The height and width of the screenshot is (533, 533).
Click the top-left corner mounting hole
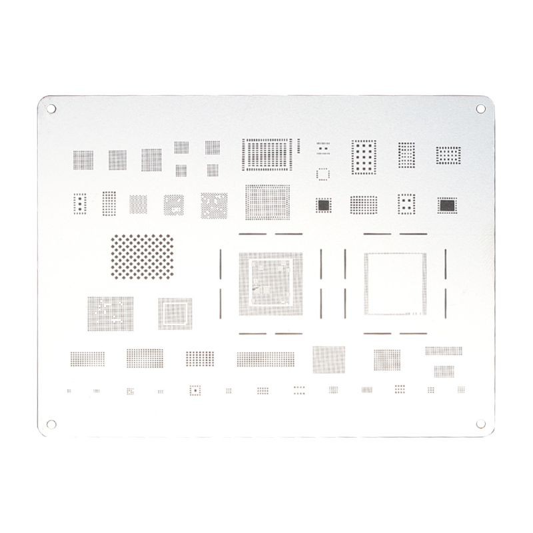click(50, 108)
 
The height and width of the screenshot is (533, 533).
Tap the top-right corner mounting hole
click(481, 108)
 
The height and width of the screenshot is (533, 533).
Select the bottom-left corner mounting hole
click(50, 422)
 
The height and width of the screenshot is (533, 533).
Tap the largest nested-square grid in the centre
click(270, 283)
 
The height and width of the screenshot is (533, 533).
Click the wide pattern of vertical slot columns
click(268, 154)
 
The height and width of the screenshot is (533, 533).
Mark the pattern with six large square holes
click(364, 157)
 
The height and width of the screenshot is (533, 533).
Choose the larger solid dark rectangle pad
click(448, 205)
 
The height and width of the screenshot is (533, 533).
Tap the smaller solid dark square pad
click(324, 205)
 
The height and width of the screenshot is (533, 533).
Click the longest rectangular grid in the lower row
click(265, 359)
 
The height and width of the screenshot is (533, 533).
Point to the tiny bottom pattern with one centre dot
click(195, 390)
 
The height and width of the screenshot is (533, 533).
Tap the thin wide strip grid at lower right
click(443, 350)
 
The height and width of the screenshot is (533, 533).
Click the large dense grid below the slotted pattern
click(267, 202)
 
